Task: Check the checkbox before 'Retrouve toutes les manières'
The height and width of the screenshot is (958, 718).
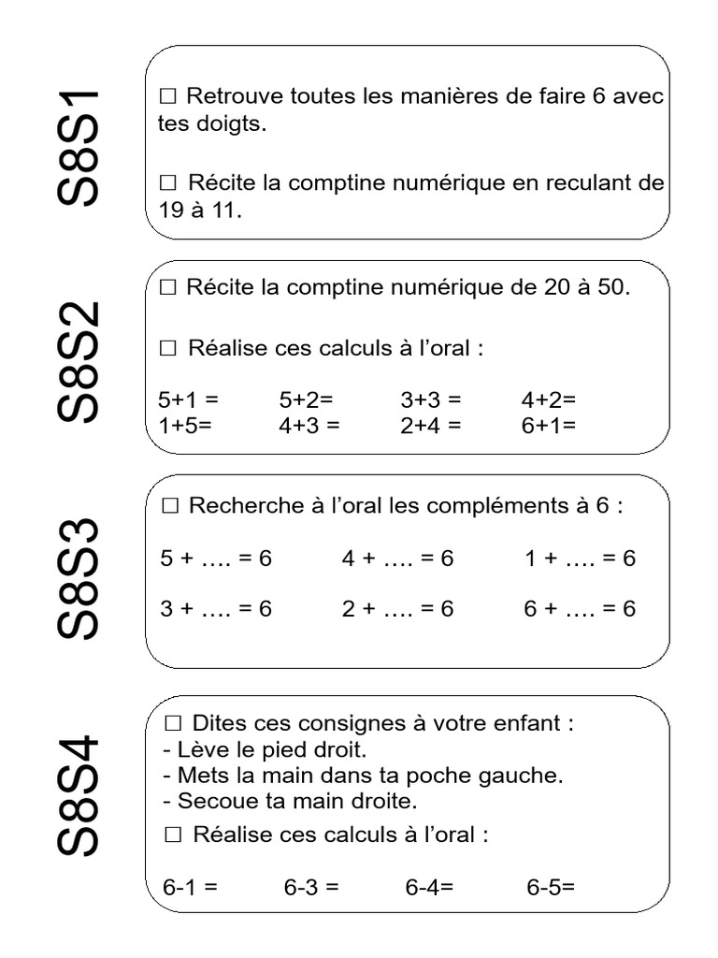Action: (168, 96)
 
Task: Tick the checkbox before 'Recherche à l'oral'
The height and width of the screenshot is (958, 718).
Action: (169, 506)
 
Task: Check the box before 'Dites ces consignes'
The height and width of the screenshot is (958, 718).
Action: (172, 723)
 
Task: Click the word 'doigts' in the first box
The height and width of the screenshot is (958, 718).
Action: (230, 124)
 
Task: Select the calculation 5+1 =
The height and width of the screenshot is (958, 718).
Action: (188, 399)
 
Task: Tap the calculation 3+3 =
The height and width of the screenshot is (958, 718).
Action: (431, 399)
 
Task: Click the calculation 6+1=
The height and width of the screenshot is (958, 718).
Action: (549, 424)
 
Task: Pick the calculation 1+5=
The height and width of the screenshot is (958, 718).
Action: (186, 424)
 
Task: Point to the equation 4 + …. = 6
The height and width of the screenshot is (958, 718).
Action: (397, 559)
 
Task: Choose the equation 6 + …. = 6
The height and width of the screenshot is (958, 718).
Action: (580, 609)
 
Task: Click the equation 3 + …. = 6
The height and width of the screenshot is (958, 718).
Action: (215, 609)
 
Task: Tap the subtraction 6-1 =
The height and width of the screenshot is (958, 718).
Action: (190, 887)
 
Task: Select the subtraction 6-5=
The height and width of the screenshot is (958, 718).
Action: (551, 887)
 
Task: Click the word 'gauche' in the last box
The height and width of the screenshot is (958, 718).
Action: (526, 776)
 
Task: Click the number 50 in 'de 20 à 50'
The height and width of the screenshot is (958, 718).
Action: (610, 288)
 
